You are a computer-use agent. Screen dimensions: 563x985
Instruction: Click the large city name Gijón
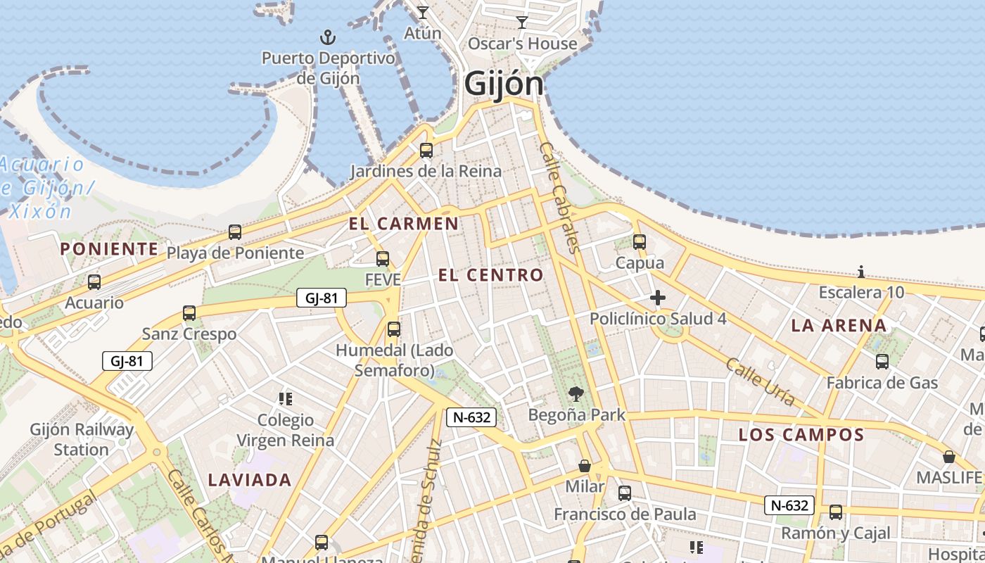tap(504, 84)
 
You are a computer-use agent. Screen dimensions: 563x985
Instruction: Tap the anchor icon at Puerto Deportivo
tap(327, 37)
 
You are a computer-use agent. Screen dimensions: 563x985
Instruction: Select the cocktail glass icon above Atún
tap(422, 13)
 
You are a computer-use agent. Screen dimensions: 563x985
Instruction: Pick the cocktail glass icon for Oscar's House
tap(521, 23)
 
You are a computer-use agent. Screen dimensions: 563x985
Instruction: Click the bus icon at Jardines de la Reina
tap(426, 150)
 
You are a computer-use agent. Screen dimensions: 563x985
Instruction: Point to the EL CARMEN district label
tap(404, 224)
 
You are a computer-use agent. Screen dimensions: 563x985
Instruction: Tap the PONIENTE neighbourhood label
tap(109, 248)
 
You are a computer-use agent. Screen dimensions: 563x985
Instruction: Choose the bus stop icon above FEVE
tap(383, 258)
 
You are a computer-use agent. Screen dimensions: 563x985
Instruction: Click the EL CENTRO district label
tap(491, 275)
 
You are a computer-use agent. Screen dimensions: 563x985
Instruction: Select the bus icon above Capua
tap(640, 241)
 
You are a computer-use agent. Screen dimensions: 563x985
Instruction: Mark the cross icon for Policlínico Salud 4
tap(658, 298)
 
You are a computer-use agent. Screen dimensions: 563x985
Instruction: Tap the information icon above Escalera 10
tap(861, 272)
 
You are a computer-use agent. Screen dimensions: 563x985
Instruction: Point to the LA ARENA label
tap(839, 325)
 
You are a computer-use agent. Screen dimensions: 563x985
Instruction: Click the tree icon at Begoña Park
tap(576, 394)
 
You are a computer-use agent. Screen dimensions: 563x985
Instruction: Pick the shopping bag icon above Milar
tap(585, 466)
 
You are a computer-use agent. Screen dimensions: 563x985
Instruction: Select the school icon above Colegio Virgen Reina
tap(285, 399)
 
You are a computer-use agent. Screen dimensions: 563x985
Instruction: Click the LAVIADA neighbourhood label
tap(249, 480)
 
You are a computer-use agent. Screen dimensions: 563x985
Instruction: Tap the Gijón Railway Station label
tap(82, 439)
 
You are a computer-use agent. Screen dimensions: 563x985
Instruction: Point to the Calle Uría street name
tap(760, 381)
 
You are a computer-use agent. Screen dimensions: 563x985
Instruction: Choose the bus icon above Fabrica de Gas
tap(882, 362)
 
